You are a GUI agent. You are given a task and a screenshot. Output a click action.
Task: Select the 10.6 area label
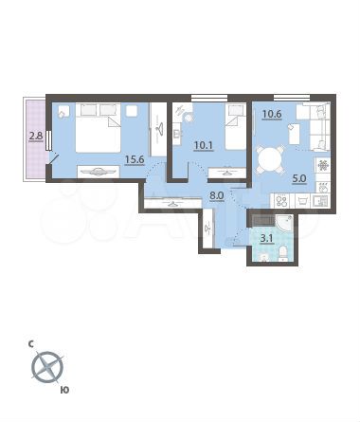(x=272, y=118)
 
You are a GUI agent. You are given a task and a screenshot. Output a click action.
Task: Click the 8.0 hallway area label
(x=216, y=198)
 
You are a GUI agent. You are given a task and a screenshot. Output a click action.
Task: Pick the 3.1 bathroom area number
(x=268, y=251)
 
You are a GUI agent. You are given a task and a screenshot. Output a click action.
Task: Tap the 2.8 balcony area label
(x=36, y=137)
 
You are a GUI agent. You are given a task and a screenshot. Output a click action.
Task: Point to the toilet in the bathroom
(x=285, y=254)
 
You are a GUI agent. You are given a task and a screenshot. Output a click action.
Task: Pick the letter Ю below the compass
(x=63, y=389)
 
